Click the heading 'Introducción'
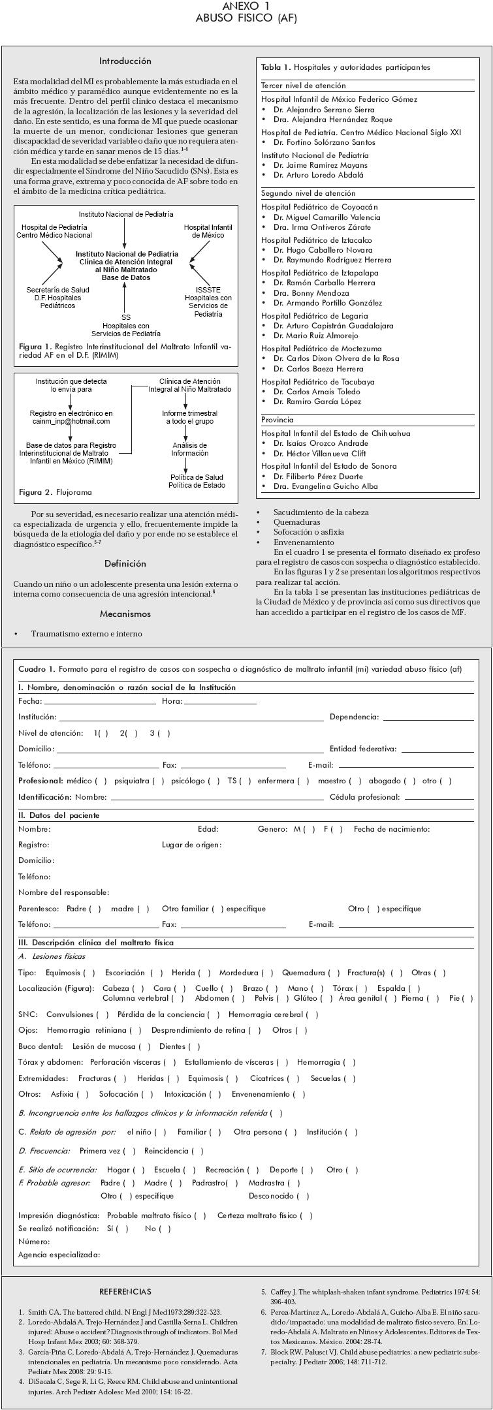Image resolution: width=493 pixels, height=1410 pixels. click(125, 61)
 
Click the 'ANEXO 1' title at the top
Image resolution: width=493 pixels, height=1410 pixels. click(246, 6)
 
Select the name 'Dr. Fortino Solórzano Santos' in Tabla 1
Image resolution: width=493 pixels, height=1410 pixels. click(325, 142)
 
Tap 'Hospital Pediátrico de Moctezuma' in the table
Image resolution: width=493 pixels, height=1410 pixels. click(321, 349)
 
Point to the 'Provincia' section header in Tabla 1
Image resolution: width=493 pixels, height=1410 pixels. click(278, 420)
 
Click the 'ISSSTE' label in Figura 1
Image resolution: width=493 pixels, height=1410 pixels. click(208, 290)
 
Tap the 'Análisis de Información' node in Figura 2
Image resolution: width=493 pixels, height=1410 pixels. click(190, 449)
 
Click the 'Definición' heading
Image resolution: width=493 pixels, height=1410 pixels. click(125, 563)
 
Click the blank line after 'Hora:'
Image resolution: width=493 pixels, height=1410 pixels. click(220, 702)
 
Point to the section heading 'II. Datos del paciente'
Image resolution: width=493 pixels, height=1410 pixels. click(59, 815)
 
